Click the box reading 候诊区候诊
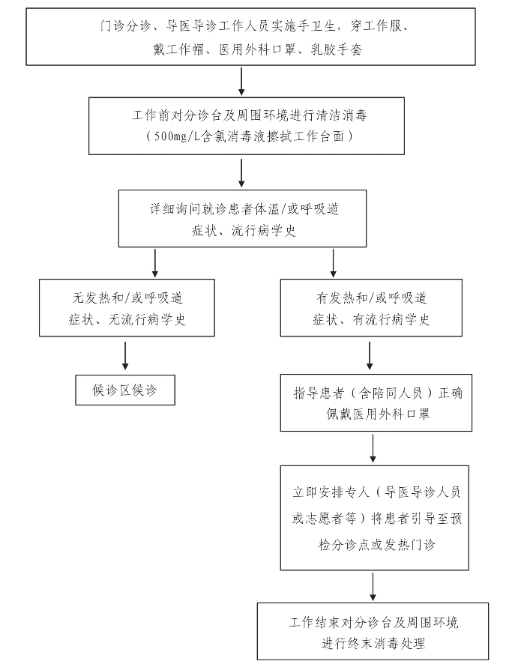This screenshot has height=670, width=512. pyautogui.click(x=125, y=390)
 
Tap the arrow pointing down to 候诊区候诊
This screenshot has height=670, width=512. pyautogui.click(x=125, y=355)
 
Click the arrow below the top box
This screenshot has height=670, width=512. pyautogui.click(x=241, y=81)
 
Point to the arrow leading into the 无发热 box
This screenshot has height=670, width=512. pyautogui.click(x=154, y=263)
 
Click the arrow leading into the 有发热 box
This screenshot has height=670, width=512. pyautogui.click(x=333, y=263)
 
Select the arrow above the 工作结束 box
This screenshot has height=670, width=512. pyautogui.click(x=373, y=587)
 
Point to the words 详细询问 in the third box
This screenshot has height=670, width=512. pyautogui.click(x=175, y=209)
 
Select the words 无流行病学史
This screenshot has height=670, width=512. pyautogui.click(x=147, y=319)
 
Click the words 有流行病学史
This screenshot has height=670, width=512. pyautogui.click(x=391, y=319)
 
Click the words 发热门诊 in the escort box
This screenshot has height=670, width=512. pyautogui.click(x=410, y=545)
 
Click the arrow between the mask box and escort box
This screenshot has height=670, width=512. pyautogui.click(x=373, y=449)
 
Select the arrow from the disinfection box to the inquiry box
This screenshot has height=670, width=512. pyautogui.click(x=241, y=173)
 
